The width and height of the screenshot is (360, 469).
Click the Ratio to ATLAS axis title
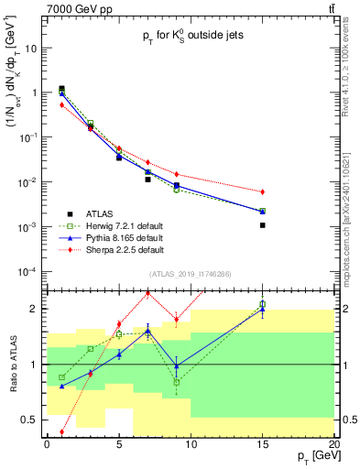pos(13,364)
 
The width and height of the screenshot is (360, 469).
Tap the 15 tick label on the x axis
pos(262,445)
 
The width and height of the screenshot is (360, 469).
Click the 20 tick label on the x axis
pos(333,445)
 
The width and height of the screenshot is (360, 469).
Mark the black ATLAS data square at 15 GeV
pos(262,224)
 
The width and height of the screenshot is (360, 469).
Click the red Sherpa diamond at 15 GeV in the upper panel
pos(262,191)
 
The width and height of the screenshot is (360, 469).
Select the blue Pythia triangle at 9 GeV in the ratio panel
pos(176,365)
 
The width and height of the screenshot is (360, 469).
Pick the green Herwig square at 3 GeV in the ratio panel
pos(90,349)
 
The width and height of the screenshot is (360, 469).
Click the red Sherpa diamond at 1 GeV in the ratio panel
pos(61,431)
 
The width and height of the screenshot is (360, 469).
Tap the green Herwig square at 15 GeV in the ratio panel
pos(262,304)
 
